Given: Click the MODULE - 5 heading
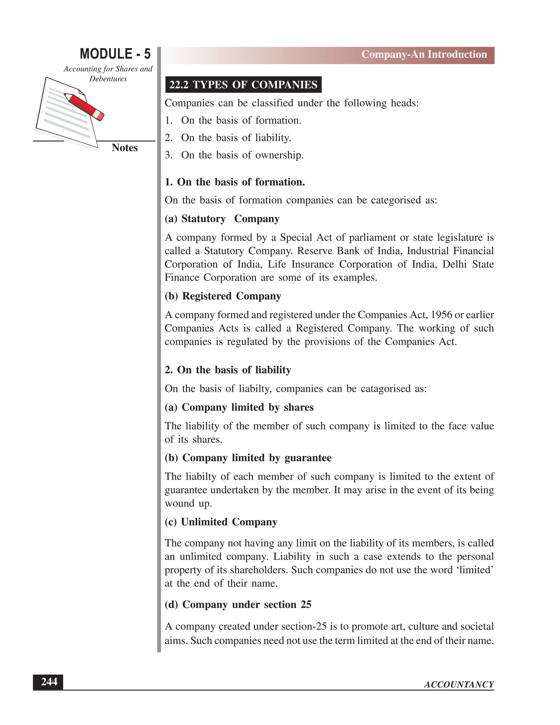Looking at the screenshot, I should click(x=115, y=54).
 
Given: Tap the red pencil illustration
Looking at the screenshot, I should click(x=84, y=106).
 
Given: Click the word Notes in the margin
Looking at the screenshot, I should click(x=124, y=148).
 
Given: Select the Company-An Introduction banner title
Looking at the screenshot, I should click(x=424, y=54).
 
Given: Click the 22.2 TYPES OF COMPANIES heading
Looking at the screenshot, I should click(x=243, y=85).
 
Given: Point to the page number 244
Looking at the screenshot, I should click(x=49, y=682).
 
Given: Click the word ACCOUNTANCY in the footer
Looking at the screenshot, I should click(x=459, y=685).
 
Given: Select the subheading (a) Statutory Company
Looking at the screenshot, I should click(x=222, y=219).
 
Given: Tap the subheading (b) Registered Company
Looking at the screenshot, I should click(x=223, y=296).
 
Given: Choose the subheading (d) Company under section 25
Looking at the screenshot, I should click(x=238, y=605).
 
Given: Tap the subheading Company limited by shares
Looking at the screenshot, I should click(x=239, y=407).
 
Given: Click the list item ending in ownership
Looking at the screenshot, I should click(x=242, y=155).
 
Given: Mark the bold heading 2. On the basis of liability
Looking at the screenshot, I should click(x=227, y=370).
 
